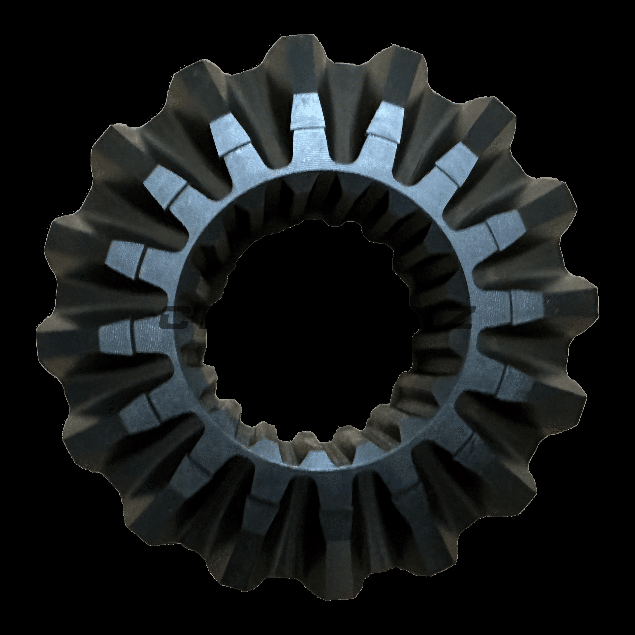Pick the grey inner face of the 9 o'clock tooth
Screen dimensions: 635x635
click(117, 335)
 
